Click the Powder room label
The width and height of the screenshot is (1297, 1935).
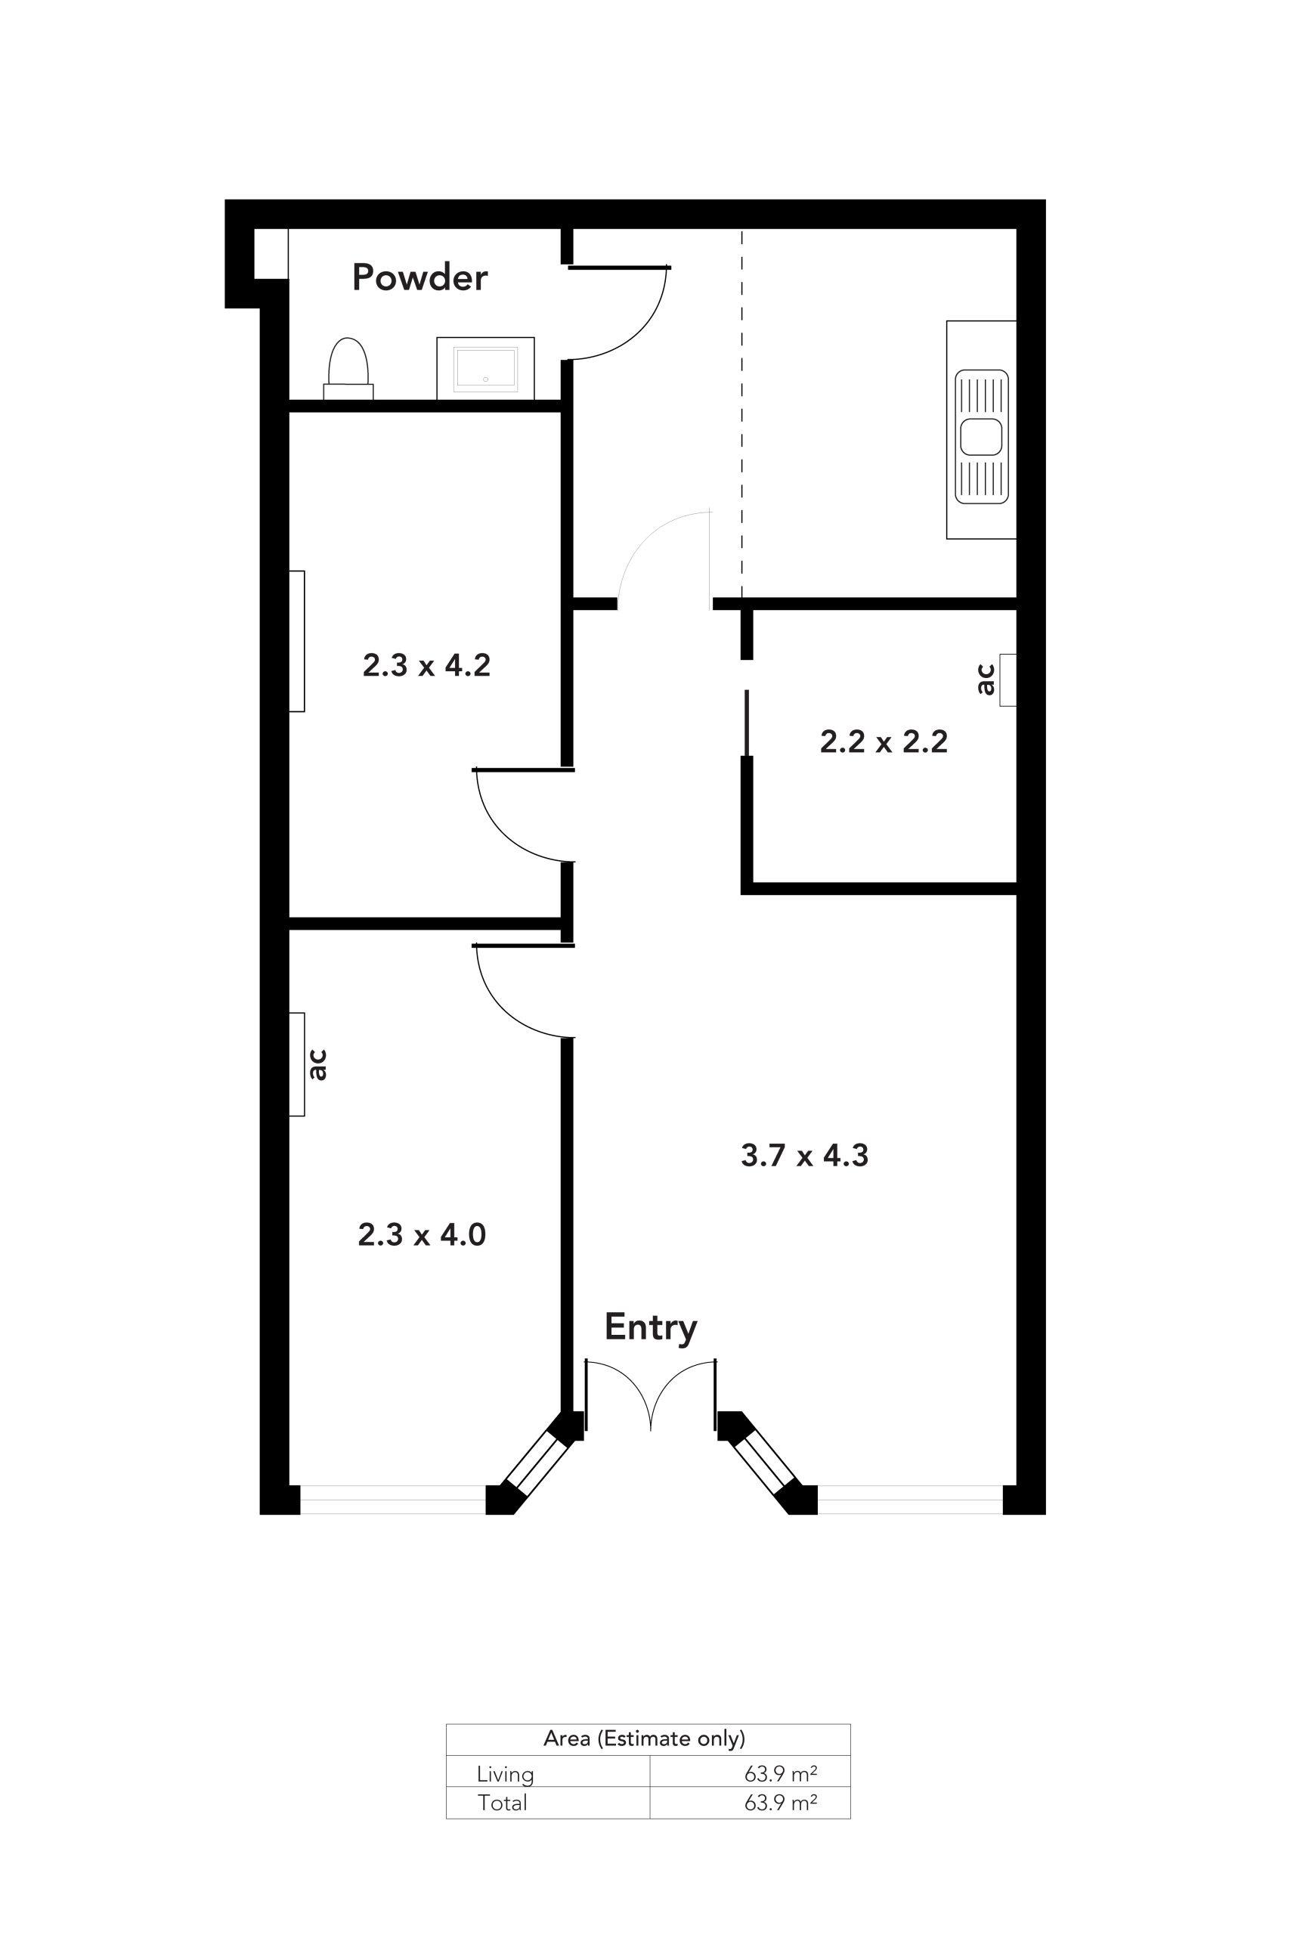pos(419,277)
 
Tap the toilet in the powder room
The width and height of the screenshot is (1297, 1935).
pos(348,368)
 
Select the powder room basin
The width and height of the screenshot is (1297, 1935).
pos(485,368)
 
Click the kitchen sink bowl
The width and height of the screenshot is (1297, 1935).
pos(981,437)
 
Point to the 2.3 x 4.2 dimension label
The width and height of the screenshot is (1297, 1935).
pos(426,665)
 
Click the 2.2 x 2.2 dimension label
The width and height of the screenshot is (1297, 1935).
pos(884,741)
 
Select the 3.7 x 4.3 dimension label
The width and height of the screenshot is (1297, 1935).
pos(805,1156)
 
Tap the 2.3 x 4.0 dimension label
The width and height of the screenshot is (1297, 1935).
pos(422,1235)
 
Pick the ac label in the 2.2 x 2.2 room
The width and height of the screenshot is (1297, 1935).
pos(985,680)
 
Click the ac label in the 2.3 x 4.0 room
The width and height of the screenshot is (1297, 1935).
pos(317,1065)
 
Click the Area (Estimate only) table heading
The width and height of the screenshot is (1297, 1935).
pos(645,1738)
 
